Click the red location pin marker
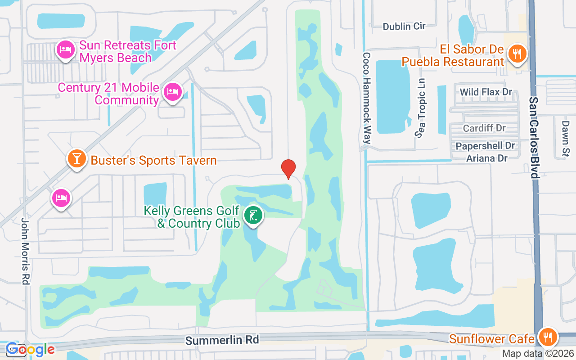point(288,169)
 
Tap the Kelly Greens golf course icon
point(253,215)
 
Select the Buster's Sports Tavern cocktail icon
point(77,159)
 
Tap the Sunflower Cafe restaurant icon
point(547,337)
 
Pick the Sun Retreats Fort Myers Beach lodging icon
point(65,50)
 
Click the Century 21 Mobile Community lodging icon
point(172,92)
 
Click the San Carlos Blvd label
point(534,137)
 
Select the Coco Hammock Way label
point(366,98)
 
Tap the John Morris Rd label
point(25,251)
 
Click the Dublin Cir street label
point(404,26)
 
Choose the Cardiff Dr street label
point(484,128)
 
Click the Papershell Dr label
point(485,146)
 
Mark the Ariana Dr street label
point(486,158)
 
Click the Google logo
point(30,349)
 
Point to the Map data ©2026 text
point(538,353)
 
